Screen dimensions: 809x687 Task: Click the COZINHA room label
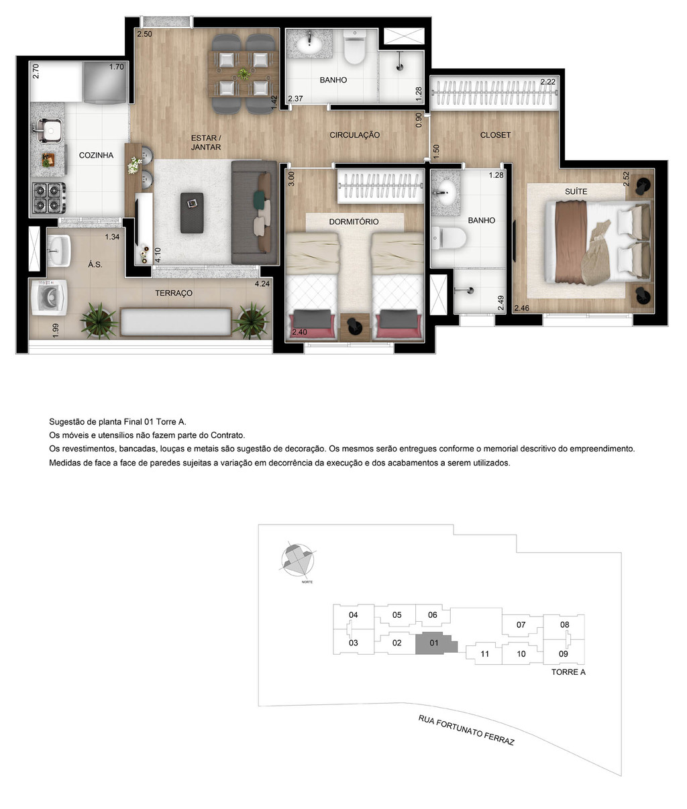click(x=96, y=155)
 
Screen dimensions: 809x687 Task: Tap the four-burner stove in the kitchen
click(x=48, y=197)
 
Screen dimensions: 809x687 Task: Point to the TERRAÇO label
click(x=174, y=293)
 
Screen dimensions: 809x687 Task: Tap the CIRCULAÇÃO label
click(x=354, y=135)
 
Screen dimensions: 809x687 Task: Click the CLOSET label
click(x=495, y=135)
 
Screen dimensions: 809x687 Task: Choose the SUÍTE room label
click(x=576, y=191)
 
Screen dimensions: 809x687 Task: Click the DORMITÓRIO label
click(x=354, y=221)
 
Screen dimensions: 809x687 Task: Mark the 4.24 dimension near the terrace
click(x=262, y=284)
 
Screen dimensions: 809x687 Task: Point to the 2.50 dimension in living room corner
click(x=144, y=34)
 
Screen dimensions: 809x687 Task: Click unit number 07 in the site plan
click(x=521, y=625)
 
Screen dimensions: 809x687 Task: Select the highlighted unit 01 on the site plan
click(x=434, y=643)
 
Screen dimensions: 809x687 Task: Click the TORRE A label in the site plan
click(x=568, y=671)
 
